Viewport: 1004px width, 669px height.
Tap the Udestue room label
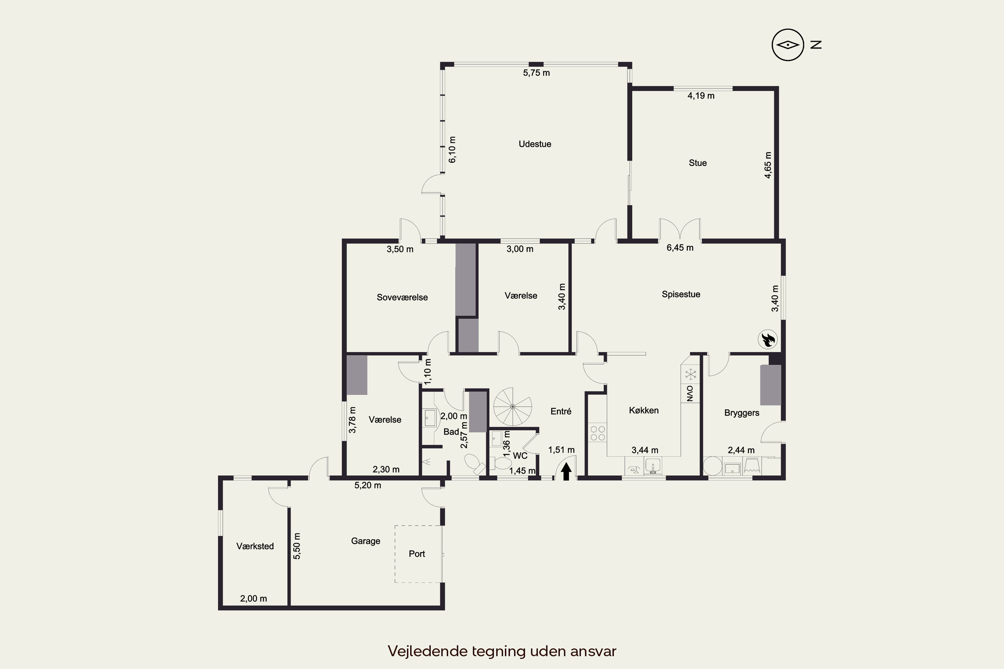[535, 144]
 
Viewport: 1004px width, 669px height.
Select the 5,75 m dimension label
[536, 73]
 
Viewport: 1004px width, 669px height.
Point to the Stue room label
[697, 163]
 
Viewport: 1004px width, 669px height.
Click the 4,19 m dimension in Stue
[701, 96]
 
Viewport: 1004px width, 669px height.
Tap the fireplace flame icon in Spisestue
[767, 340]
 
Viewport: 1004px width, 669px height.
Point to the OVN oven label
[690, 393]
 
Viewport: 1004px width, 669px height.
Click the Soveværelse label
[402, 297]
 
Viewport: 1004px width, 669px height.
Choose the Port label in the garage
[417, 554]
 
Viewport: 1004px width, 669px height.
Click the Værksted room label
[255, 546]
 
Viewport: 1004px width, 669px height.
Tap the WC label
[520, 456]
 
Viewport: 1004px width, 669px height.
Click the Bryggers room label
[742, 413]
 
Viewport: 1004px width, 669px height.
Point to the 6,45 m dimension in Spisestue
[680, 248]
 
